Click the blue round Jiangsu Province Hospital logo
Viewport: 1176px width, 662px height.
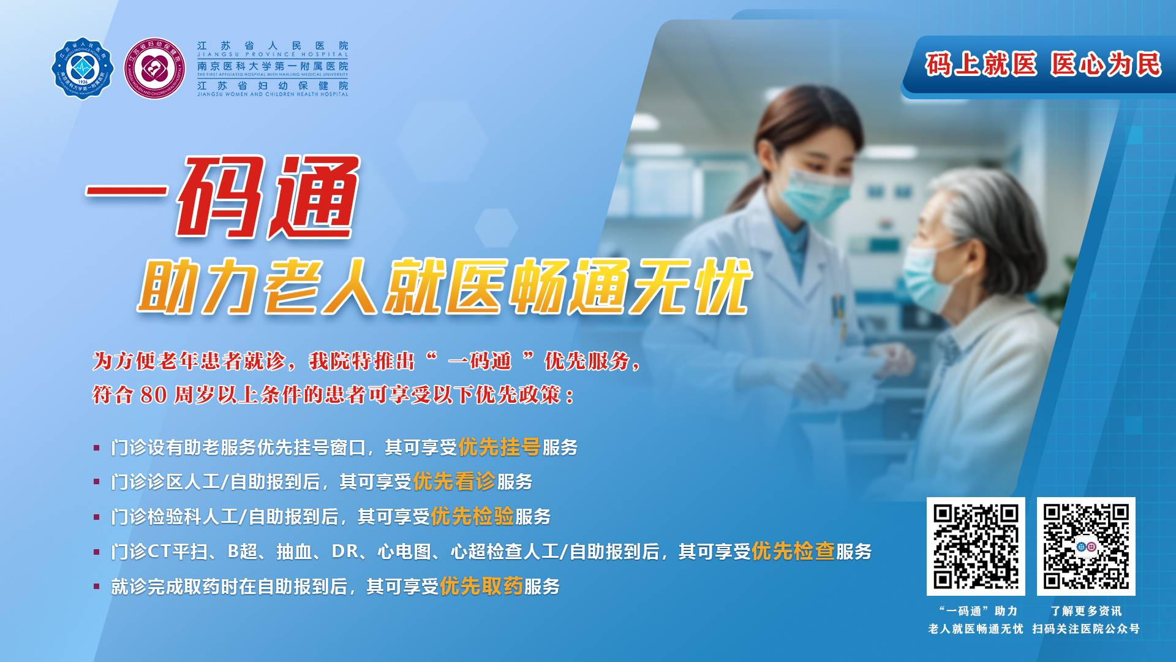coord(82,67)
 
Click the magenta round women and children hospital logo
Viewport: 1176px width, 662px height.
coord(155,68)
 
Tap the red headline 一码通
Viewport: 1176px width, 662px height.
coord(222,197)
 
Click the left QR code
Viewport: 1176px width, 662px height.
coord(976,546)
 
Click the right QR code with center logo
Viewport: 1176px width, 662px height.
coord(1086,546)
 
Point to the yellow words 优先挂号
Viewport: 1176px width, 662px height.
coord(499,447)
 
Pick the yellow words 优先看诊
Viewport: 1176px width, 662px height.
coord(454,482)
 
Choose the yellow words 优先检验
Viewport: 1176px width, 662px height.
coord(472,517)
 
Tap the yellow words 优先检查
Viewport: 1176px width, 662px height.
coord(793,552)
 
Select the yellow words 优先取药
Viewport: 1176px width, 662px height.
coord(481,587)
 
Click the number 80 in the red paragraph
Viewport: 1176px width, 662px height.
coord(154,395)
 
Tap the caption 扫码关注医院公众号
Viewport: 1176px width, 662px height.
coord(1086,629)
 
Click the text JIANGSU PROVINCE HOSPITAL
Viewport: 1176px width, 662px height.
coord(273,55)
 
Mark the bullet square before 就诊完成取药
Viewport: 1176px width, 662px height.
coord(96,587)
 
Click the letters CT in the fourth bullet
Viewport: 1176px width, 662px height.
coord(159,552)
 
